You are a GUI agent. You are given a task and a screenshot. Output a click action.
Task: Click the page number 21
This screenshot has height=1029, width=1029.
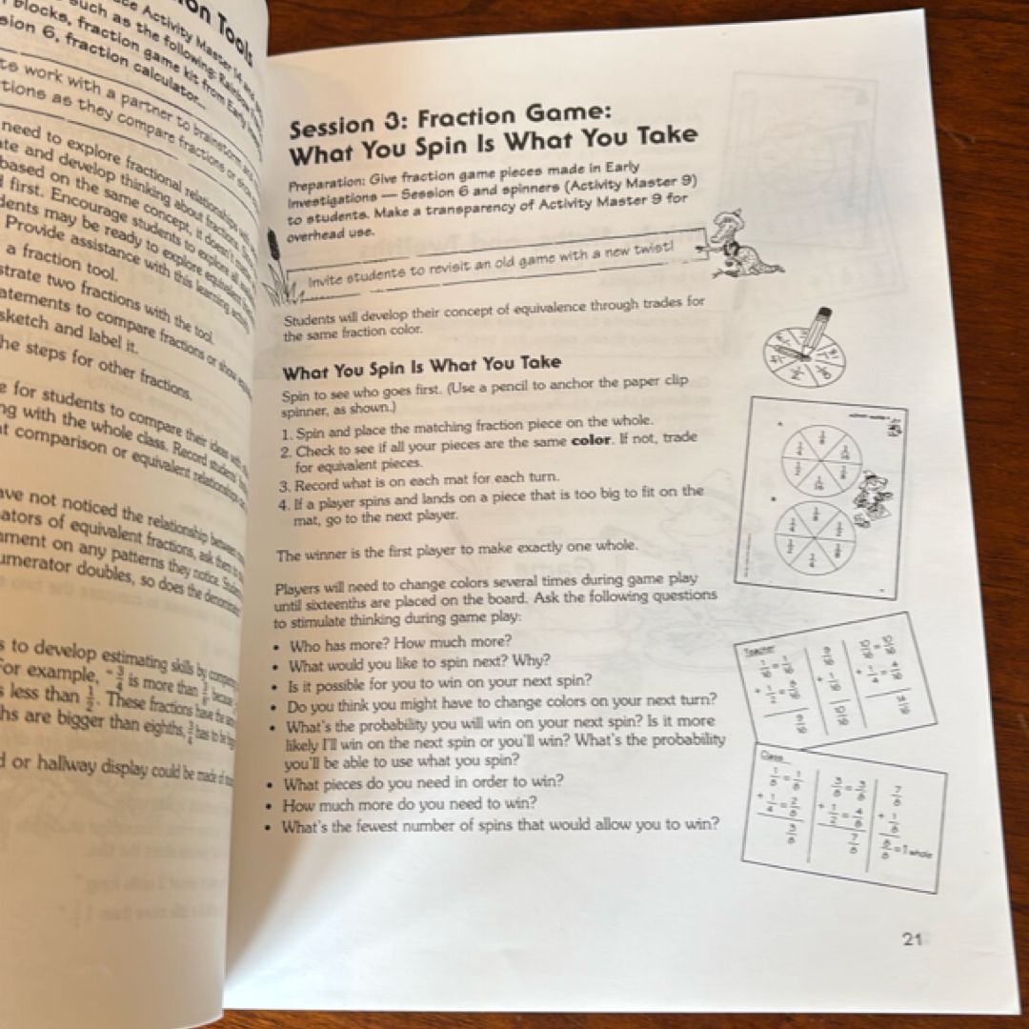[912, 939]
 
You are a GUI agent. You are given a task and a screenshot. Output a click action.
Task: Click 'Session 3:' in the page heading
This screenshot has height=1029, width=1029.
[348, 125]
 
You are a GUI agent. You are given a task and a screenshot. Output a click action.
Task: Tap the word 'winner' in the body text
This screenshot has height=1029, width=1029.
[326, 554]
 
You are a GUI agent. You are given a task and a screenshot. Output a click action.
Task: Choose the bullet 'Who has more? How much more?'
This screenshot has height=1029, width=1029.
[401, 643]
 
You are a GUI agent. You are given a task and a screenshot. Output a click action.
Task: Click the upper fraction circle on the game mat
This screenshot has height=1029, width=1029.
[820, 460]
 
